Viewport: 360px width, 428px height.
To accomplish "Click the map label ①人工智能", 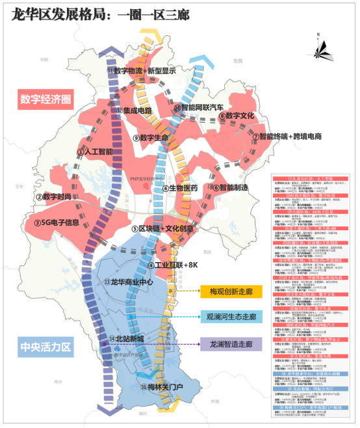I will point(94,152).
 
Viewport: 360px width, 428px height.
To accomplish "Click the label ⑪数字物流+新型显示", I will point(141,70).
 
